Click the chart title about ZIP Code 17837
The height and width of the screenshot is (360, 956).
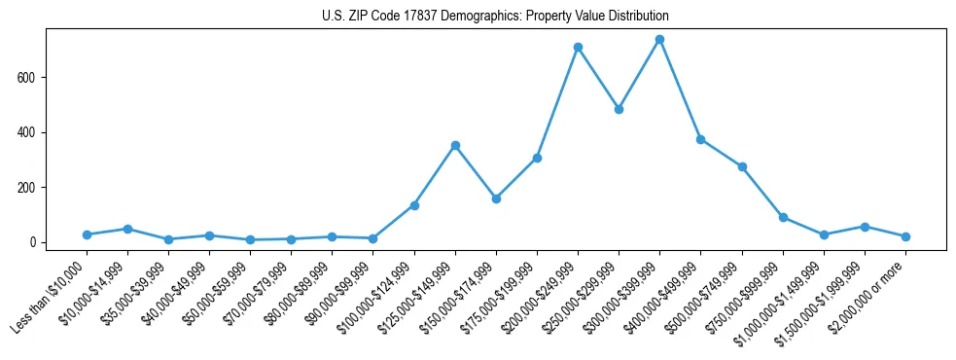pos(495,17)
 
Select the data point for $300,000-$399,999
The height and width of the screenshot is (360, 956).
pos(659,40)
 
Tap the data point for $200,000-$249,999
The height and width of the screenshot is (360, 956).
pos(578,47)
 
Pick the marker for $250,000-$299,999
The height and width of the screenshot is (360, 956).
pos(619,109)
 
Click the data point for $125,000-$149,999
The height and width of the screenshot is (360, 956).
pos(455,145)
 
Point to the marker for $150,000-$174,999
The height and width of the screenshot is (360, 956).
pos(496,198)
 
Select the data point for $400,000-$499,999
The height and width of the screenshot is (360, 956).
pos(700,139)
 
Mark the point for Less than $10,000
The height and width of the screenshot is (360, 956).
pos(87,234)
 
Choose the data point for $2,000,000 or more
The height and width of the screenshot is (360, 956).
pos(905,236)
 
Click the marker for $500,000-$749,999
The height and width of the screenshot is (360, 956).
pos(742,166)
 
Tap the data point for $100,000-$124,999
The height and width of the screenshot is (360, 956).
pos(414,205)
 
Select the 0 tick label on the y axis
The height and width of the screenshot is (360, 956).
pos(33,242)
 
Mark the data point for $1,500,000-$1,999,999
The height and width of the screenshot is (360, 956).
pos(865,227)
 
